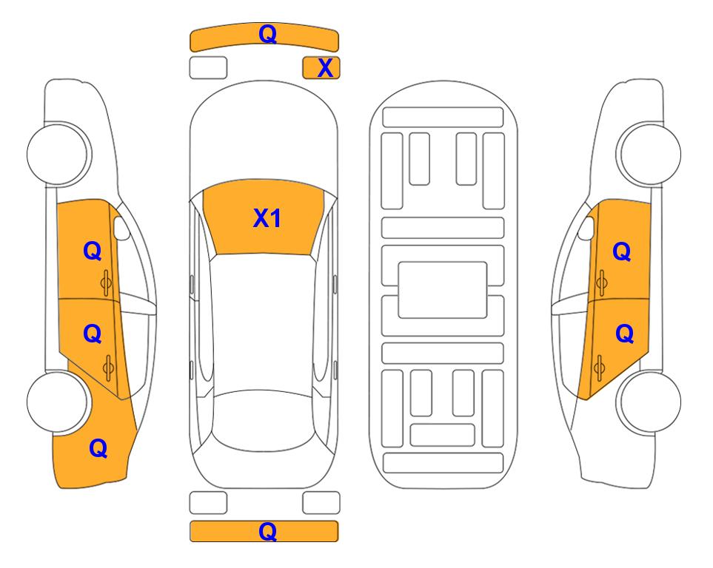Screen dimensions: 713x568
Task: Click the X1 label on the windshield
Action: pyautogui.click(x=267, y=218)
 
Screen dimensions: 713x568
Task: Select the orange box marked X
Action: pyautogui.click(x=321, y=68)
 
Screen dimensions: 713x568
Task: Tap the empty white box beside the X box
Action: pyautogui.click(x=208, y=68)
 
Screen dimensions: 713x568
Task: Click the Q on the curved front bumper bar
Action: pyautogui.click(x=267, y=33)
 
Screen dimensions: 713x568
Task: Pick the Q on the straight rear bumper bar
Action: pyautogui.click(x=267, y=531)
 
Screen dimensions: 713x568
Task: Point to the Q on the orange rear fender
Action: pyautogui.click(x=98, y=448)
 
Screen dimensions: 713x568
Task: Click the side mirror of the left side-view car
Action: pyautogui.click(x=121, y=229)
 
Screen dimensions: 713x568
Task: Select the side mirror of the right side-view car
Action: pyautogui.click(x=586, y=229)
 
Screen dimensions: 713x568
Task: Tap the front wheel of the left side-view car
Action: pyautogui.click(x=58, y=154)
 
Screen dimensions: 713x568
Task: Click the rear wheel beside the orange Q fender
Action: pyautogui.click(x=57, y=402)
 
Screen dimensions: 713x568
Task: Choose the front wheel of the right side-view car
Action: pyautogui.click(x=649, y=154)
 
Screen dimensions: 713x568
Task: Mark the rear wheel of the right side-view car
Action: pyautogui.click(x=650, y=402)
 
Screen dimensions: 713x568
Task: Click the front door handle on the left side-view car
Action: pyautogui.click(x=106, y=283)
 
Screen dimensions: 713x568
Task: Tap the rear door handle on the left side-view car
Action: pyautogui.click(x=108, y=367)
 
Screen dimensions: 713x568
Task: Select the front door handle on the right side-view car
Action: pyautogui.click(x=601, y=283)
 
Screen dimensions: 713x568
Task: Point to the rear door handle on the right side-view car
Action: pyautogui.click(x=599, y=367)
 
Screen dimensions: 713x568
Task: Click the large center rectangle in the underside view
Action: pyautogui.click(x=443, y=290)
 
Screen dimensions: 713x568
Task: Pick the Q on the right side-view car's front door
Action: pyautogui.click(x=622, y=251)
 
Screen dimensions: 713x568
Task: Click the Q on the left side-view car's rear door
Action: pyautogui.click(x=93, y=334)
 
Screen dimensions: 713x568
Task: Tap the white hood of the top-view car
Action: pyautogui.click(x=264, y=132)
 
